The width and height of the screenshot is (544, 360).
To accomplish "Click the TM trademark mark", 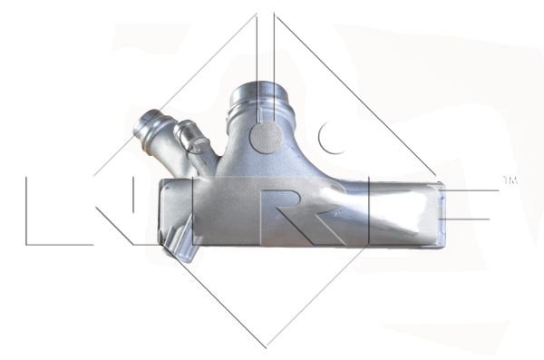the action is pyautogui.click(x=510, y=180).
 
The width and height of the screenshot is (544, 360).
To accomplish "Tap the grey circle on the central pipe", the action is pyautogui.click(x=266, y=137).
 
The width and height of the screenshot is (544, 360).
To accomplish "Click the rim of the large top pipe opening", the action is pyautogui.click(x=258, y=90).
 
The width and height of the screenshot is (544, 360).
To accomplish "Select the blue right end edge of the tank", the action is pyautogui.click(x=441, y=215).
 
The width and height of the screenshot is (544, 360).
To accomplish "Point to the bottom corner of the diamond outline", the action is pyautogui.click(x=266, y=347).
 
